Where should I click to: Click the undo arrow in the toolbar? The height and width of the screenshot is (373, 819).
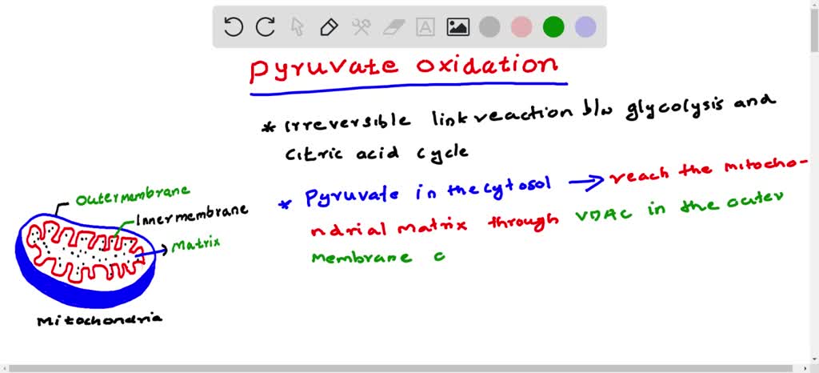234,27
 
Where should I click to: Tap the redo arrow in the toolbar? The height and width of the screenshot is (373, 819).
266,27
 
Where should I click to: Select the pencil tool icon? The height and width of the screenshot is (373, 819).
328,27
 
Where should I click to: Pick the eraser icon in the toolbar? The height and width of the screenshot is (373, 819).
393,27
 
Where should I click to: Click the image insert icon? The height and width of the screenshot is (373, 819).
457,27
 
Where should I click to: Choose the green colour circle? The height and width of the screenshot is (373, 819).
553,27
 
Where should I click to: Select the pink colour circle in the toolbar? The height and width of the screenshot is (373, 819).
521,27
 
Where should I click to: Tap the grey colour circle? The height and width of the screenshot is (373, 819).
489,27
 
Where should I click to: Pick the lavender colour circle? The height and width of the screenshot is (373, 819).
585,27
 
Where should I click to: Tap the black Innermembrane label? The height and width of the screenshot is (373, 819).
191,212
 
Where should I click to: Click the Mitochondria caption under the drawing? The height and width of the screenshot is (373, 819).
100,319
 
